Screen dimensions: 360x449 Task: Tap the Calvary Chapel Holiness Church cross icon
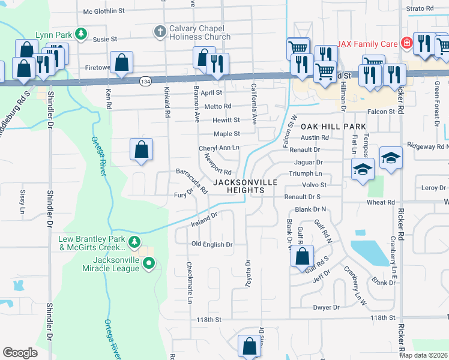click(x=160, y=31)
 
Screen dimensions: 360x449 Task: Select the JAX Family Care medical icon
click(x=406, y=43)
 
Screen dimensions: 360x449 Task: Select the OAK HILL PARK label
click(x=333, y=127)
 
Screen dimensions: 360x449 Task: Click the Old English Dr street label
click(x=211, y=245)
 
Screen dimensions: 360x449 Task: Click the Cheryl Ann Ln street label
click(x=219, y=148)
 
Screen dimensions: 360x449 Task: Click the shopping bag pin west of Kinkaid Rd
click(x=141, y=150)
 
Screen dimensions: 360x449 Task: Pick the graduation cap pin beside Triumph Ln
click(x=363, y=170)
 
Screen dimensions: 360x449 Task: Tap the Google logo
click(x=20, y=353)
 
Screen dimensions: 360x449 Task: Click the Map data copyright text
click(x=423, y=355)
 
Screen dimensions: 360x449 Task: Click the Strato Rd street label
click(x=420, y=9)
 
